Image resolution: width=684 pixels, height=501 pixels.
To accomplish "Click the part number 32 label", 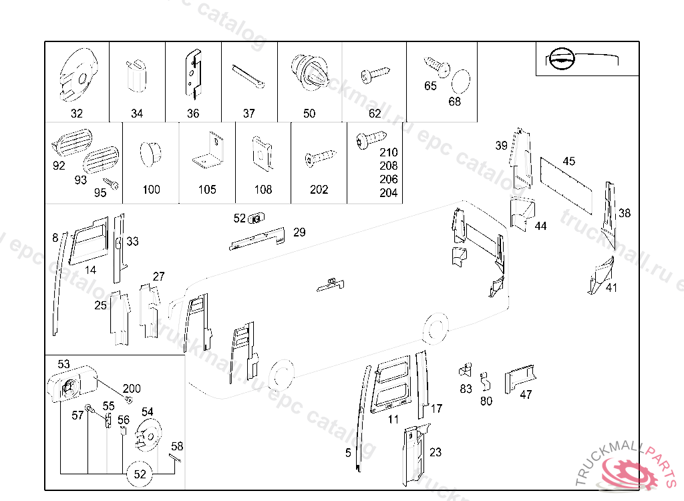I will click(x=77, y=114).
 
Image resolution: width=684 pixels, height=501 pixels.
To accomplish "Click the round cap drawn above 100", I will click(x=151, y=155).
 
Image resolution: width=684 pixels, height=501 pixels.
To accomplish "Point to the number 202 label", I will click(x=319, y=190).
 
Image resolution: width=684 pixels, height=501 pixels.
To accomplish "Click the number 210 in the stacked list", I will click(x=388, y=153).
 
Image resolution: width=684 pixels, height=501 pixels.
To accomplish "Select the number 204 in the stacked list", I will click(x=388, y=193).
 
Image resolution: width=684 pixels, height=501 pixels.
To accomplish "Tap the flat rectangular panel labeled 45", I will click(x=568, y=182).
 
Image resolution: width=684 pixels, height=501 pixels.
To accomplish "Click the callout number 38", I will click(x=625, y=214).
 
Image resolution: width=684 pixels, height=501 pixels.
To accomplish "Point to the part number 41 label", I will click(x=611, y=288).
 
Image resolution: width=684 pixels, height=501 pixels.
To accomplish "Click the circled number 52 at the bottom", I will click(x=140, y=474).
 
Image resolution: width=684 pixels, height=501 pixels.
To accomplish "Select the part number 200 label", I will click(x=132, y=388).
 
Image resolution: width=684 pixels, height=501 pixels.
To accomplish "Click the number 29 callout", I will click(x=299, y=232).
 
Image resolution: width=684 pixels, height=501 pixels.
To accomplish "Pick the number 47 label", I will click(x=526, y=395).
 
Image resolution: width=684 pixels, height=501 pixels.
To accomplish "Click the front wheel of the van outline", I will click(x=281, y=374).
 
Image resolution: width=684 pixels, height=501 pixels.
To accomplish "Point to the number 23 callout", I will click(x=436, y=452).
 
